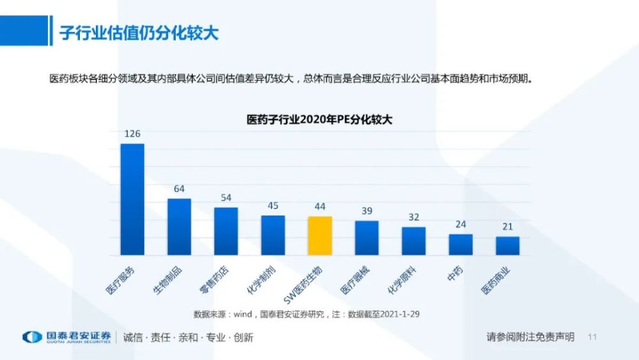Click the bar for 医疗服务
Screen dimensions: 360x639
(132, 200)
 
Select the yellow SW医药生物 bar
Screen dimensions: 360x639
(319, 236)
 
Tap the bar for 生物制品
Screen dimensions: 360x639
(179, 227)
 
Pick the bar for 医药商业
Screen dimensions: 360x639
(507, 246)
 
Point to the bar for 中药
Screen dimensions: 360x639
(461, 245)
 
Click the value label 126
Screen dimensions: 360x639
(132, 134)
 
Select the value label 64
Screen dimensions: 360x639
(179, 189)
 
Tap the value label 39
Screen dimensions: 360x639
(367, 211)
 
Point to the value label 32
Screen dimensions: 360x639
(413, 217)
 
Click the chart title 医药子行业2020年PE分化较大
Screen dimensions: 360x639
(319, 119)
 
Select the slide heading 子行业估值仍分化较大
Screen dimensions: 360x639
(139, 33)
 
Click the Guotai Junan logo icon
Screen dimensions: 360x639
(32, 337)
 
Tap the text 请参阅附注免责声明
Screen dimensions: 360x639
(530, 337)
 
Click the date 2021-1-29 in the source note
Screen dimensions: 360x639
(399, 314)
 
